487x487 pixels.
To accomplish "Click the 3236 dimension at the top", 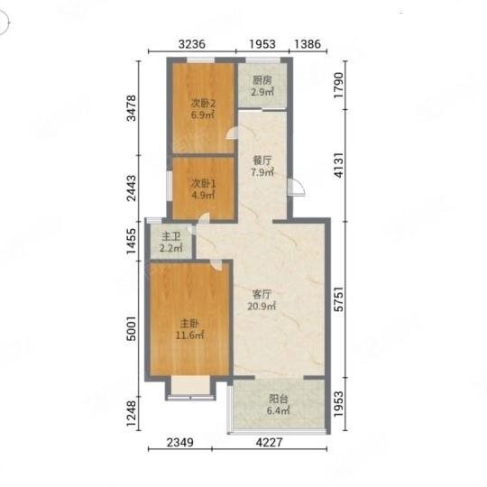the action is (191, 44).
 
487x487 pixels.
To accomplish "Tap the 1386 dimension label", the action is (308, 44).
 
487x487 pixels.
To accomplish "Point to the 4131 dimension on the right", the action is (339, 165).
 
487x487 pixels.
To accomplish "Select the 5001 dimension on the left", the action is (132, 328).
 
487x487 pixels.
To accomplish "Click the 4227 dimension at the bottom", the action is (269, 442).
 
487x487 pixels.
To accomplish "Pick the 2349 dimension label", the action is (180, 442).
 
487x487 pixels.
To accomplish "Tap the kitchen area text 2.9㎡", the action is (262, 92).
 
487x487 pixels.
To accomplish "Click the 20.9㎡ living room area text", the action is (262, 307).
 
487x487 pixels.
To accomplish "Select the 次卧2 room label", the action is (203, 103).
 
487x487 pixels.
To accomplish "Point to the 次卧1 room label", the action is (203, 184).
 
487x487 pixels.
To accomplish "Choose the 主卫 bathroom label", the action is (170, 237).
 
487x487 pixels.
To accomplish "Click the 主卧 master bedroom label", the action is (189, 324).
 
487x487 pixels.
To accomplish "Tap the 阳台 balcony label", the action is (279, 399).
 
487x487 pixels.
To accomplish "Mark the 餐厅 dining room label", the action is (262, 161).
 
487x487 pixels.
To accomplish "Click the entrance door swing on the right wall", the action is (297, 188).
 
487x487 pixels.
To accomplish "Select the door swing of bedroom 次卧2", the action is (232, 133).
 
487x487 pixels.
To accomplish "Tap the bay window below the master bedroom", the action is (190, 388).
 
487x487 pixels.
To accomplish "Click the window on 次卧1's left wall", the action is (170, 186).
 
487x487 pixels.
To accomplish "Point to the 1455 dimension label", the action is (132, 241).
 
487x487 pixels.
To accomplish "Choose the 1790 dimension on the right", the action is (339, 85).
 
